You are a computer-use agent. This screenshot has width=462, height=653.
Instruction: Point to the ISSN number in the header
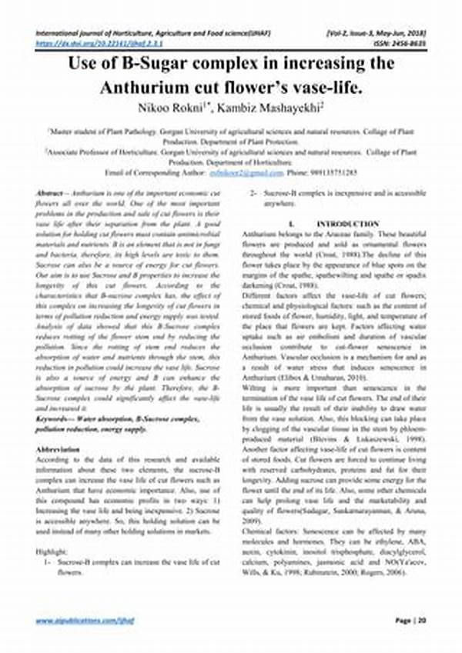400,45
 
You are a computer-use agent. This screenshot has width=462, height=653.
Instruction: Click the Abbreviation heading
57,448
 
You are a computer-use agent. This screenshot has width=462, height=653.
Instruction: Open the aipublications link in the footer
75,620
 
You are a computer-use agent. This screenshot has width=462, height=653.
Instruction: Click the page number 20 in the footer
420,619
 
